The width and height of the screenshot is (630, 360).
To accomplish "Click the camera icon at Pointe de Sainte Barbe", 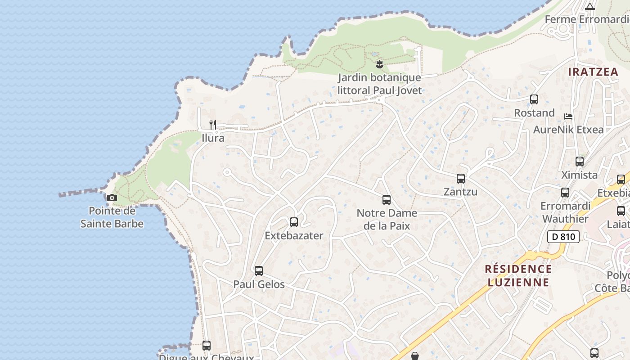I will tap(112, 198).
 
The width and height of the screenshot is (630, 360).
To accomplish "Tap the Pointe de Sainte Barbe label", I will tap(112, 217).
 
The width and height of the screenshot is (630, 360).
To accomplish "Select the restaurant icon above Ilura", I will tap(213, 124).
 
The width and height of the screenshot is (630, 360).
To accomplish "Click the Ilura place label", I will tap(213, 138).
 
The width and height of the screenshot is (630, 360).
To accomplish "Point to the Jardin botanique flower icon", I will tap(379, 64).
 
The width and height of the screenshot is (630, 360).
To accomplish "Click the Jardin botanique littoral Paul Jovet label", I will tap(380, 84).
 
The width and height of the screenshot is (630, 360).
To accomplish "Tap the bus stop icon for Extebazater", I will tap(294, 222).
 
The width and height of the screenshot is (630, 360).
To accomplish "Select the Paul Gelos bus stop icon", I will tap(259, 271).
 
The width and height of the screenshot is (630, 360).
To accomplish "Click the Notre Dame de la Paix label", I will tap(387, 219).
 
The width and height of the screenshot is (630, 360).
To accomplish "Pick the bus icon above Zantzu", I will tap(461, 179).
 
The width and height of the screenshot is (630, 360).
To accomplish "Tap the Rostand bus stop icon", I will tap(534, 99).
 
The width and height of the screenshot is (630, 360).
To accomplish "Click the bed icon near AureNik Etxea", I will tap(568, 117).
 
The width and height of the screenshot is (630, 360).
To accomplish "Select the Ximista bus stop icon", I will tap(580, 162).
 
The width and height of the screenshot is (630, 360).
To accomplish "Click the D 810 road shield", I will tap(563, 237).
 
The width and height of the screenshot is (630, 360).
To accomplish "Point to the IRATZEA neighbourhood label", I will tap(593, 72).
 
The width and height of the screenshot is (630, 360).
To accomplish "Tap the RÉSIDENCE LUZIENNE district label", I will tap(518, 276).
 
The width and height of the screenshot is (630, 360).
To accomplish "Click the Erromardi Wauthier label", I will tap(565, 212).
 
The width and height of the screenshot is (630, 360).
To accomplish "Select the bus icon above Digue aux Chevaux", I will tap(207, 346).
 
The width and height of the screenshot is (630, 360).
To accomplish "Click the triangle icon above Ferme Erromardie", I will tap(590, 6).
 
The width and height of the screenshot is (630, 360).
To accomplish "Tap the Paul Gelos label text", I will tap(259, 284).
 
